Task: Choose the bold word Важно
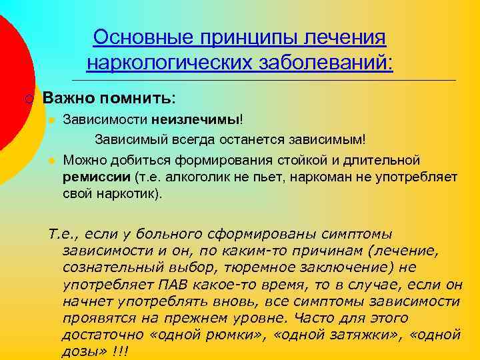pyautogui.click(x=67, y=98)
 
